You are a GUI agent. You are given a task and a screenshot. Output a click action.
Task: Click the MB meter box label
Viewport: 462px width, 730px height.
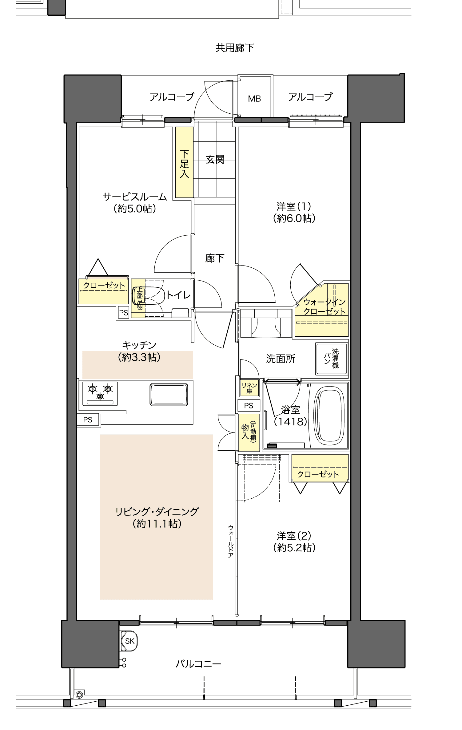tap(254, 99)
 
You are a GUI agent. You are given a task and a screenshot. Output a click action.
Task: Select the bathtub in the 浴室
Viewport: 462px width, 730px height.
tap(329, 416)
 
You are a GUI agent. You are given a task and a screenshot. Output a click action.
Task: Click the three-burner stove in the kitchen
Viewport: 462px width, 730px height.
tap(100, 394)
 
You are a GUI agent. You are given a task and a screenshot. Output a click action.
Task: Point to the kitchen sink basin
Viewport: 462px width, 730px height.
tap(169, 395)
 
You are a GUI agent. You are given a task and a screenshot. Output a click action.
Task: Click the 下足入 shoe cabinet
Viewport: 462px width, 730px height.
tap(184, 162)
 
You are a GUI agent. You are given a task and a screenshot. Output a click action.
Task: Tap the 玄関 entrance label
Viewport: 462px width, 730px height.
tap(215, 160)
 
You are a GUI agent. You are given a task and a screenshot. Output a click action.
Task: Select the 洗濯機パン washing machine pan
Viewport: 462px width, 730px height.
tap(332, 359)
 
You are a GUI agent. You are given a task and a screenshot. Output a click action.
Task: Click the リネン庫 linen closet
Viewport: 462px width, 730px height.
tap(249, 388)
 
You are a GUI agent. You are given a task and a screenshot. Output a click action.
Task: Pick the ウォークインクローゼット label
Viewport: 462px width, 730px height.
tap(324, 306)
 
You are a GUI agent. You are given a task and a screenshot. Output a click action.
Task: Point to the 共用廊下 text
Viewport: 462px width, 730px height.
tap(235, 48)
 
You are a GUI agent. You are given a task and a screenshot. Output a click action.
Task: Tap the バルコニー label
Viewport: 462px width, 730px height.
tap(198, 664)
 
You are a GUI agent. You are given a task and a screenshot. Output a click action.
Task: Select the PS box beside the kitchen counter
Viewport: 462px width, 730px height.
tap(88, 420)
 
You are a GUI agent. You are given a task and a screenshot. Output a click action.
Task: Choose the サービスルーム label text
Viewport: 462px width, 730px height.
tap(135, 197)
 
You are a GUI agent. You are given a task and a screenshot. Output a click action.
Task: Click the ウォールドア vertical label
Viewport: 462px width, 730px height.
tap(230, 541)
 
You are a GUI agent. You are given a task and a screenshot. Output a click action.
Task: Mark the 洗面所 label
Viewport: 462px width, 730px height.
tap(281, 359)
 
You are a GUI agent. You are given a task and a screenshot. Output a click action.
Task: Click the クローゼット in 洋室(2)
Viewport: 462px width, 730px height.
tap(320, 468)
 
